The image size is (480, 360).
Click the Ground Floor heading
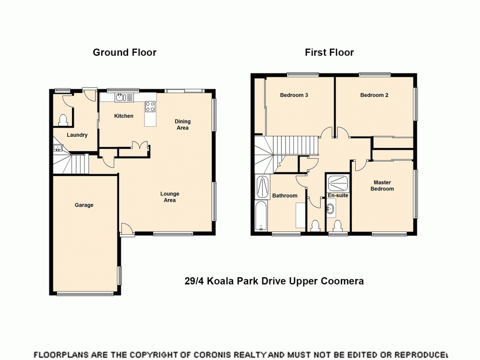[124, 52]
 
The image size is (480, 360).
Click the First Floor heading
[329, 52]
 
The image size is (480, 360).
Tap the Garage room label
[84, 205]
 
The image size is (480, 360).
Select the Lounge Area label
[169, 197]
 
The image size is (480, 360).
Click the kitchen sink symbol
[124, 97]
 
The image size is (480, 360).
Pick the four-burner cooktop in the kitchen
[150, 107]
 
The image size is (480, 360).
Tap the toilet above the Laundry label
[62, 119]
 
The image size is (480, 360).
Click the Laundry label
[77, 135]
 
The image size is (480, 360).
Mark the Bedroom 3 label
[294, 95]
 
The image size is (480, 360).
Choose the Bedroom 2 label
[374, 95]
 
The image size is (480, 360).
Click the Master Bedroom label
[382, 185]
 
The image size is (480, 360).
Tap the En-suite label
[338, 195]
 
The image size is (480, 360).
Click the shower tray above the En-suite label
[338, 183]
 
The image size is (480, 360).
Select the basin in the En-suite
[331, 209]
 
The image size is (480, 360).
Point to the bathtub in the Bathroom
[262, 216]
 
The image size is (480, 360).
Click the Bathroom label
[285, 195]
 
